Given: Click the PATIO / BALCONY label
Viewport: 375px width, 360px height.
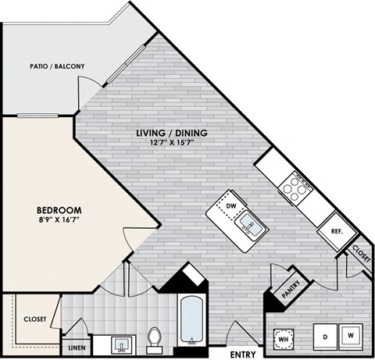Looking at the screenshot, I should [x=56, y=66].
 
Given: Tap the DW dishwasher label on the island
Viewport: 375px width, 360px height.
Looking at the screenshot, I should [x=230, y=206].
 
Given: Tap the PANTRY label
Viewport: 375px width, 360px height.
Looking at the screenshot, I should [x=291, y=290].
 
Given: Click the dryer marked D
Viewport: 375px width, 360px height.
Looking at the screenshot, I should [x=324, y=337].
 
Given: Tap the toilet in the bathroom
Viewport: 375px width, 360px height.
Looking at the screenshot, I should [x=154, y=337].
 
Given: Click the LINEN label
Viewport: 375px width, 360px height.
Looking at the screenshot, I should [x=77, y=348].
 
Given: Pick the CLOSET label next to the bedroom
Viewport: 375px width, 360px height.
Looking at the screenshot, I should [x=34, y=319].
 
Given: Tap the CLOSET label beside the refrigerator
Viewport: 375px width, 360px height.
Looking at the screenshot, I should [x=361, y=253].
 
